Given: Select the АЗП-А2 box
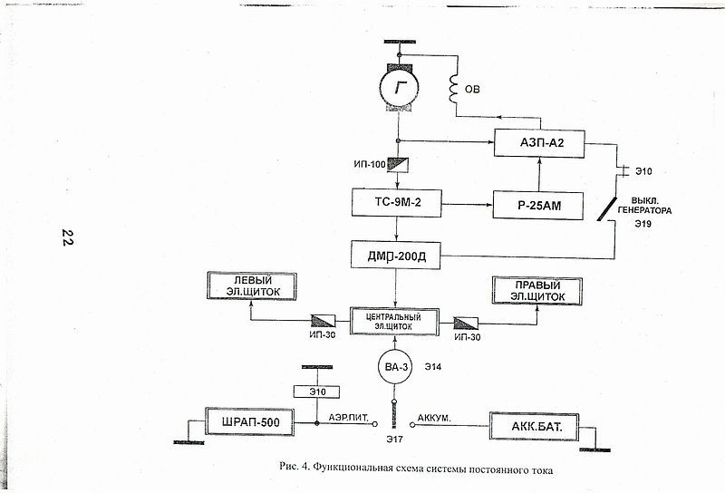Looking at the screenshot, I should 539,142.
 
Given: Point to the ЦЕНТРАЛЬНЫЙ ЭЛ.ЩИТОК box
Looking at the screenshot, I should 392,321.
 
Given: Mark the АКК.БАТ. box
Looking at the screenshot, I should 533,425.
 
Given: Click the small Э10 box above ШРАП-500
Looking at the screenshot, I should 315,391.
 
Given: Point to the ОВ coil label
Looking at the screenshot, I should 475,90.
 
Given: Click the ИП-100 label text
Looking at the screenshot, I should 370,164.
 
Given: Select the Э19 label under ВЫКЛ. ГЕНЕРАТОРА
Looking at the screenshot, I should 643,223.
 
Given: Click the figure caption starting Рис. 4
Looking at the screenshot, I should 415,470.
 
